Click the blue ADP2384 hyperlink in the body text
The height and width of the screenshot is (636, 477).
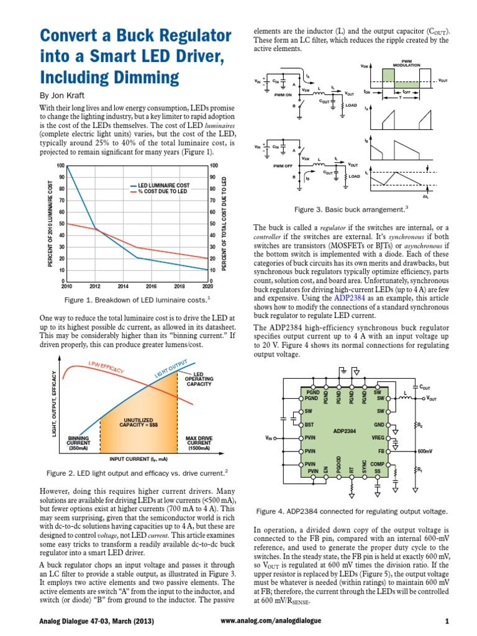click(351, 298)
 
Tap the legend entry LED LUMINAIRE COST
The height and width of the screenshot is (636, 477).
click(163, 186)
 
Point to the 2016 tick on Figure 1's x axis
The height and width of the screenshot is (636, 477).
click(151, 287)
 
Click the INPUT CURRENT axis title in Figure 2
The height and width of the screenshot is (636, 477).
click(139, 459)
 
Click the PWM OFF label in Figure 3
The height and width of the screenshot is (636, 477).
click(283, 166)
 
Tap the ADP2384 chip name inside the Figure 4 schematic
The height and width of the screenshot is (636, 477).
click(345, 430)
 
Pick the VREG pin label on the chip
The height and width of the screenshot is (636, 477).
click(378, 438)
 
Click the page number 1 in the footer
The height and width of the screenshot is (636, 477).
click(447, 621)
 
